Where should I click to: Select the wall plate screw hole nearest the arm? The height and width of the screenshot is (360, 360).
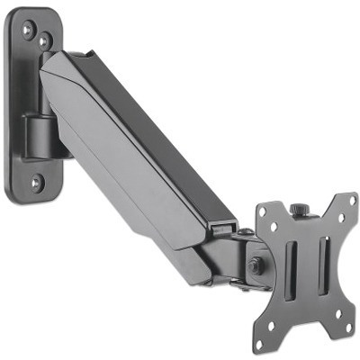coord(43,40)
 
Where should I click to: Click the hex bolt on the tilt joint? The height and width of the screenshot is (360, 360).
coord(256,266)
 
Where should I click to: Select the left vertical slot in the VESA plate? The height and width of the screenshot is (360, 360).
coord(290,270)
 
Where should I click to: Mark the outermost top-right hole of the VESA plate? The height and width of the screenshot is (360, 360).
coord(340,201)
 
